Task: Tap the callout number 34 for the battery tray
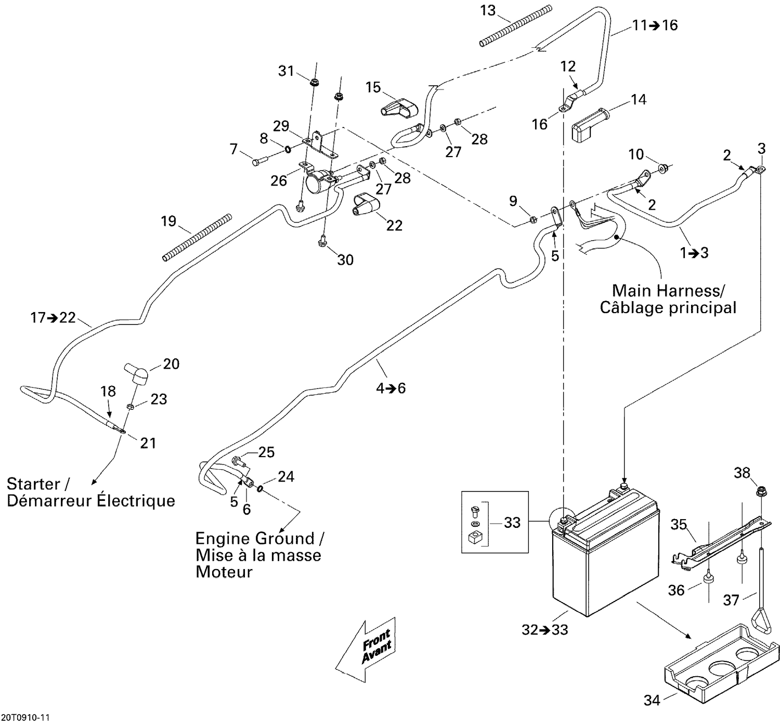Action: click(652, 700)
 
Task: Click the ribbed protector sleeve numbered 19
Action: click(196, 237)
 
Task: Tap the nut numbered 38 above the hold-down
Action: click(759, 490)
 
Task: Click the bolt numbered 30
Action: click(321, 240)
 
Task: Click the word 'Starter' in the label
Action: click(33, 484)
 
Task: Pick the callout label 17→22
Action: click(53, 317)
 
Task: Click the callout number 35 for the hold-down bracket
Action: click(678, 524)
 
